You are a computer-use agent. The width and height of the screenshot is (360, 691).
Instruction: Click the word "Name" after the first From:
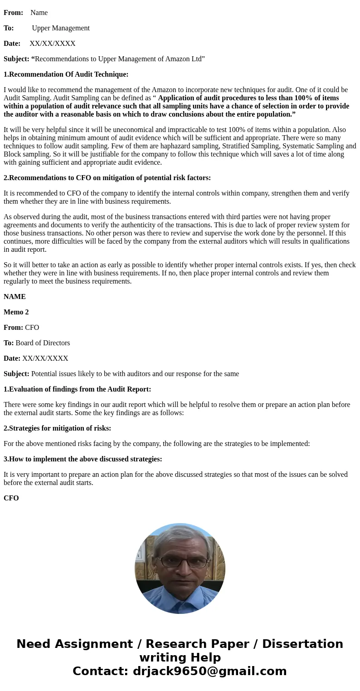click(x=39, y=13)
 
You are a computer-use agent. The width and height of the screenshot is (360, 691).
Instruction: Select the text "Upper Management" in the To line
click(x=61, y=28)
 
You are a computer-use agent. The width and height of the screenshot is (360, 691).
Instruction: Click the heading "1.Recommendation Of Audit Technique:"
click(x=66, y=74)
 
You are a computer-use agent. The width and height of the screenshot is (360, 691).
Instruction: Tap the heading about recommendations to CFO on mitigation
click(x=107, y=178)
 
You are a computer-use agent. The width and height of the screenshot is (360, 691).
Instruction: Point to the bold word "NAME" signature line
click(x=15, y=297)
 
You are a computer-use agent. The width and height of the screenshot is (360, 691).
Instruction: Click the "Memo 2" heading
click(x=16, y=312)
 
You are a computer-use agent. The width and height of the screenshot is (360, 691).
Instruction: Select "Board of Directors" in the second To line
click(x=43, y=343)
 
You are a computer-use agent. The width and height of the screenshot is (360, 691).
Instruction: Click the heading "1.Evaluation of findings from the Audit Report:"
click(x=77, y=389)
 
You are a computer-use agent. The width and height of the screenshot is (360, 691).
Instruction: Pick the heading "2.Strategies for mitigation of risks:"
click(x=57, y=428)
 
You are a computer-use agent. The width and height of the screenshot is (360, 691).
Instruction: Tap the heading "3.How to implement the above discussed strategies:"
click(x=83, y=459)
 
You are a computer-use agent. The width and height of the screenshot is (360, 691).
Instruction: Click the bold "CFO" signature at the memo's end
click(x=11, y=498)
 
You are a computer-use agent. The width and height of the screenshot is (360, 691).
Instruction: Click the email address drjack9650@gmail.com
click(x=209, y=671)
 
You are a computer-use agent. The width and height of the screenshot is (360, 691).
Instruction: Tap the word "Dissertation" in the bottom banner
click(x=302, y=644)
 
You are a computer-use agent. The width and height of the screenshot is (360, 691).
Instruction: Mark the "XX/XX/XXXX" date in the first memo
click(x=53, y=44)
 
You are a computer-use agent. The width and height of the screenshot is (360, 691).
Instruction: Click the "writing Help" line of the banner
click(x=180, y=657)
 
